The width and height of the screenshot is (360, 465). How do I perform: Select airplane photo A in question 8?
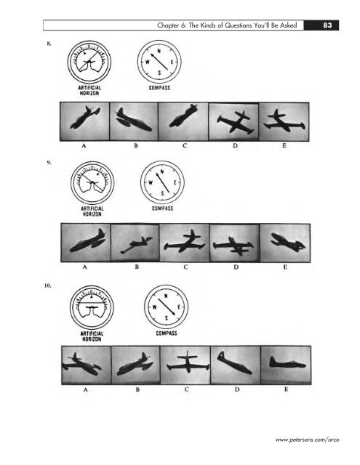point(84,121)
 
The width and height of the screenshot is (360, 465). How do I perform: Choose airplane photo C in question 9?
point(183,242)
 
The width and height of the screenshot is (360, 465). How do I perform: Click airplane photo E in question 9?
point(282,242)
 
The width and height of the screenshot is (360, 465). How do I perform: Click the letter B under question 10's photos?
point(135,389)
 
